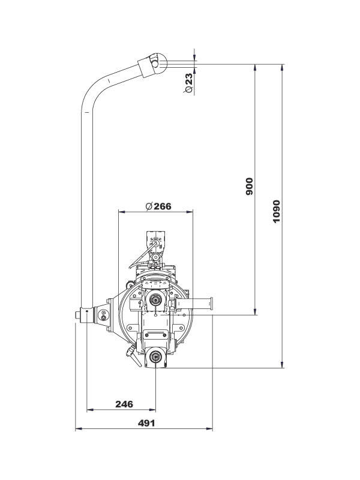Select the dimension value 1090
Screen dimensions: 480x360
277,211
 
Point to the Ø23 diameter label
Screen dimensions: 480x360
188,83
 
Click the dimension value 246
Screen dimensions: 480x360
124,404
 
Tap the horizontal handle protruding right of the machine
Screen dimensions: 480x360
201,304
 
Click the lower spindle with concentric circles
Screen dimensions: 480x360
156,358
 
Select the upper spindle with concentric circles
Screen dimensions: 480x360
156,299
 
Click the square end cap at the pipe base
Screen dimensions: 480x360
79,314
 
